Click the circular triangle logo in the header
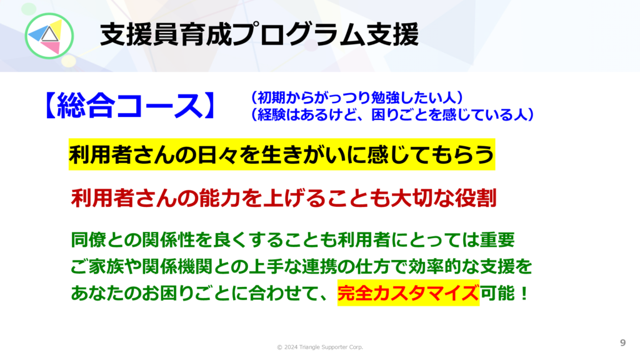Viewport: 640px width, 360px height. (x=49, y=36)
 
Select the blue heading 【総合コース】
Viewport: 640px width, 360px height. (x=130, y=105)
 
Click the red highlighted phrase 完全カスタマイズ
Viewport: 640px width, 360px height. (x=408, y=293)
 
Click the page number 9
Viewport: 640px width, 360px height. (x=622, y=343)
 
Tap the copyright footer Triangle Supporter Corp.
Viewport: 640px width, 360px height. (x=331, y=347)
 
